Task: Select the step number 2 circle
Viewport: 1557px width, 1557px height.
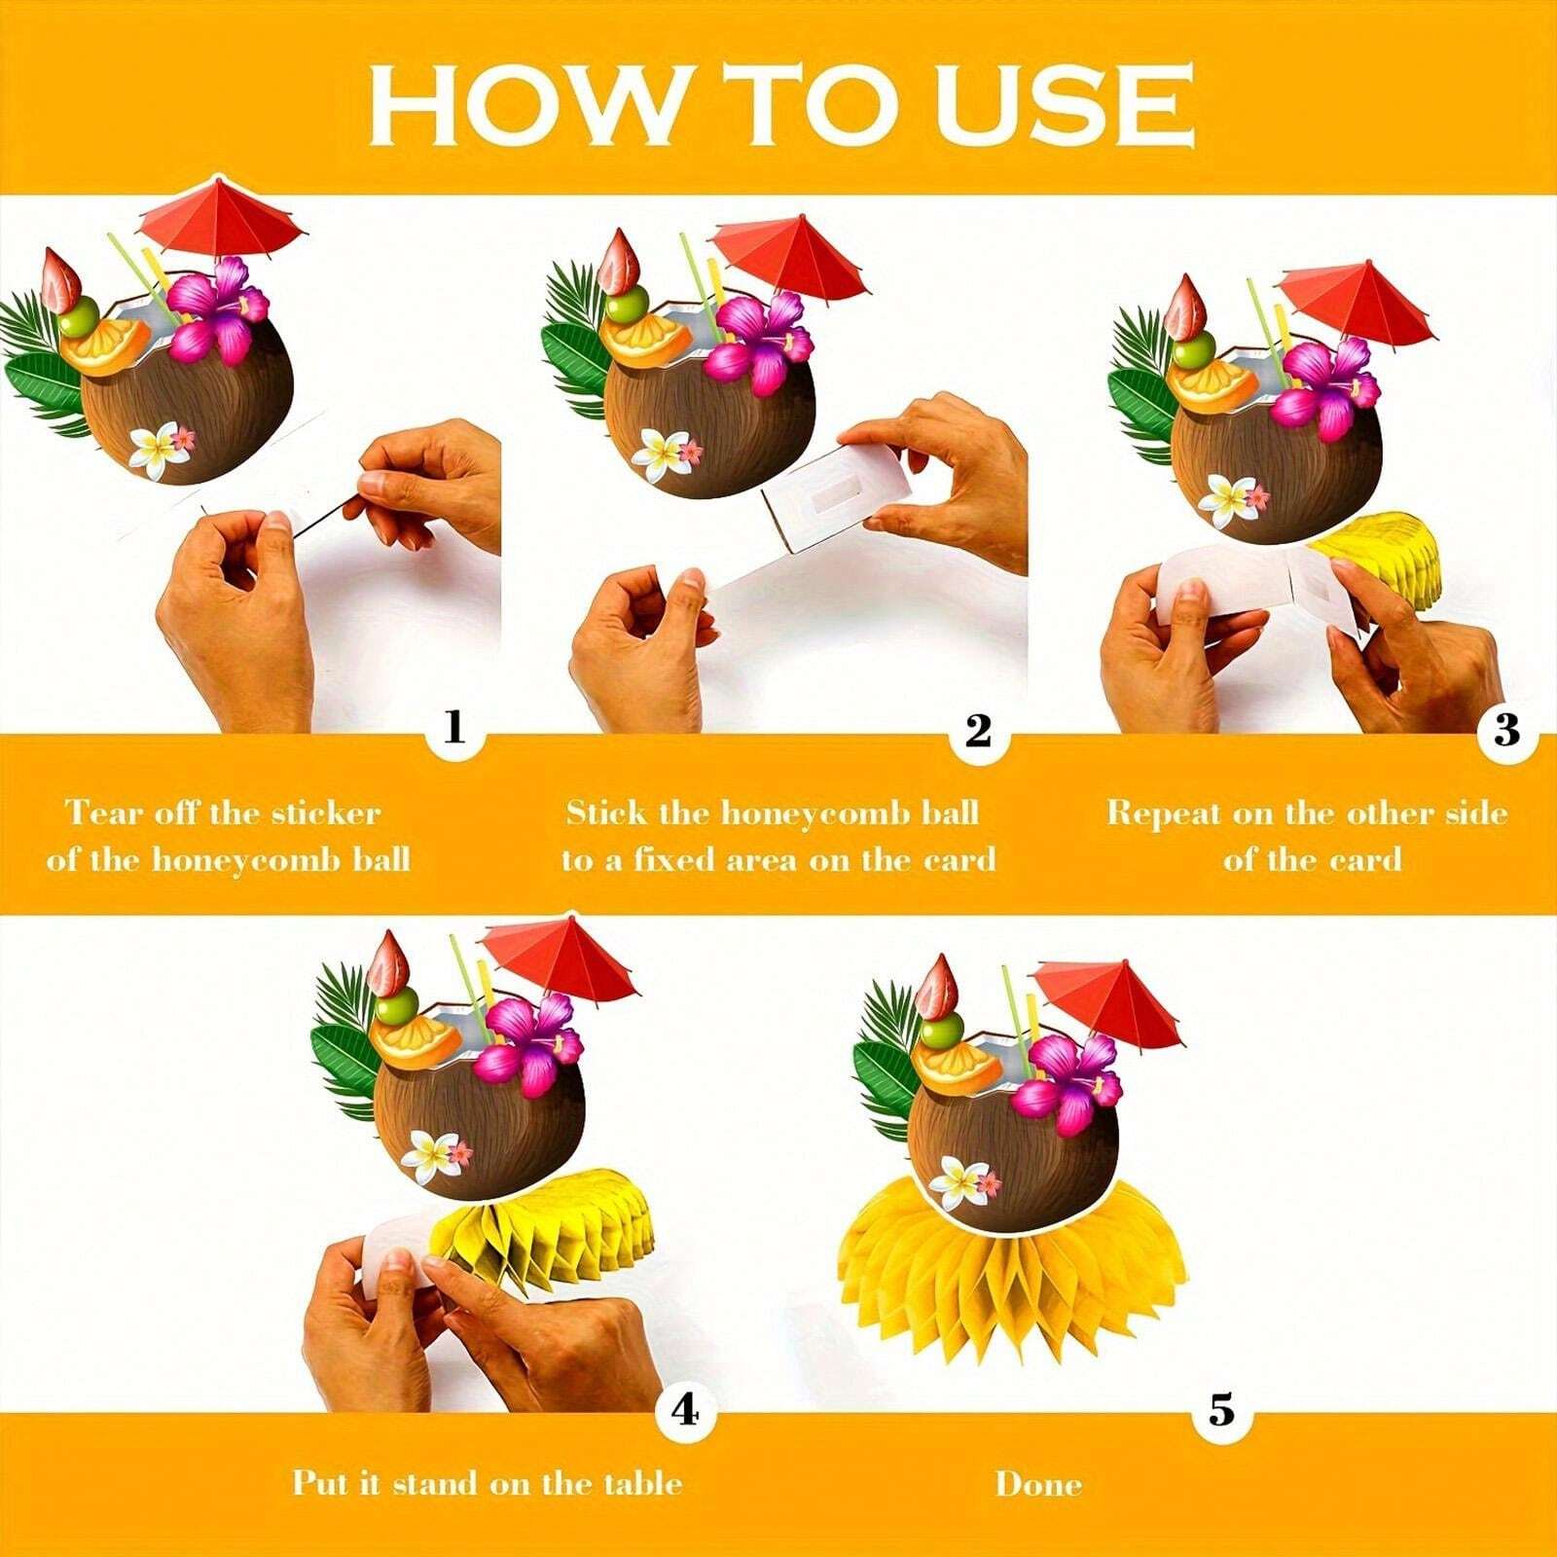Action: pyautogui.click(x=978, y=730)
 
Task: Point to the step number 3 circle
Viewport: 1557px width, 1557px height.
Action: pyautogui.click(x=1505, y=730)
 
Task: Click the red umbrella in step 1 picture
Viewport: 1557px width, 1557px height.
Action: pyautogui.click(x=222, y=216)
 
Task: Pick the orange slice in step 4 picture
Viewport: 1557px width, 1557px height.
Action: pyautogui.click(x=418, y=1041)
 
